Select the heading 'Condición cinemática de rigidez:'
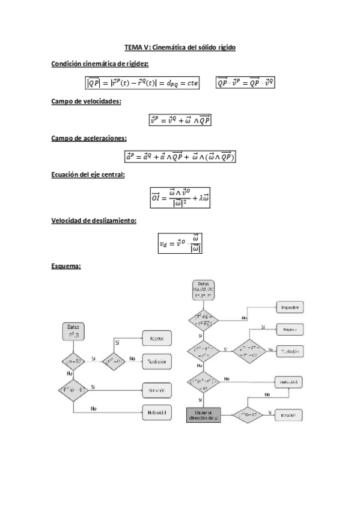[100, 64]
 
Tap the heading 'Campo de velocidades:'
[87, 102]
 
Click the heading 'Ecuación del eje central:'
[88, 175]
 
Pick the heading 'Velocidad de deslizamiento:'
[94, 221]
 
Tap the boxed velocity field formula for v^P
[180, 120]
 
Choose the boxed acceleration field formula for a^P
[180, 157]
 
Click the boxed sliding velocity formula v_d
[180, 243]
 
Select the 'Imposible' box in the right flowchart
[290, 307]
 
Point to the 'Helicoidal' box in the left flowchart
[157, 413]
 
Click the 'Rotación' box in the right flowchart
[290, 415]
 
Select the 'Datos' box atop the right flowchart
[206, 291]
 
